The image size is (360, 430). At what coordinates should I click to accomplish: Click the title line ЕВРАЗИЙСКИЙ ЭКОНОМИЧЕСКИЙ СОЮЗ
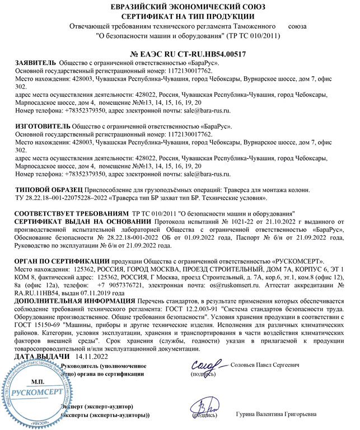point(180,6)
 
